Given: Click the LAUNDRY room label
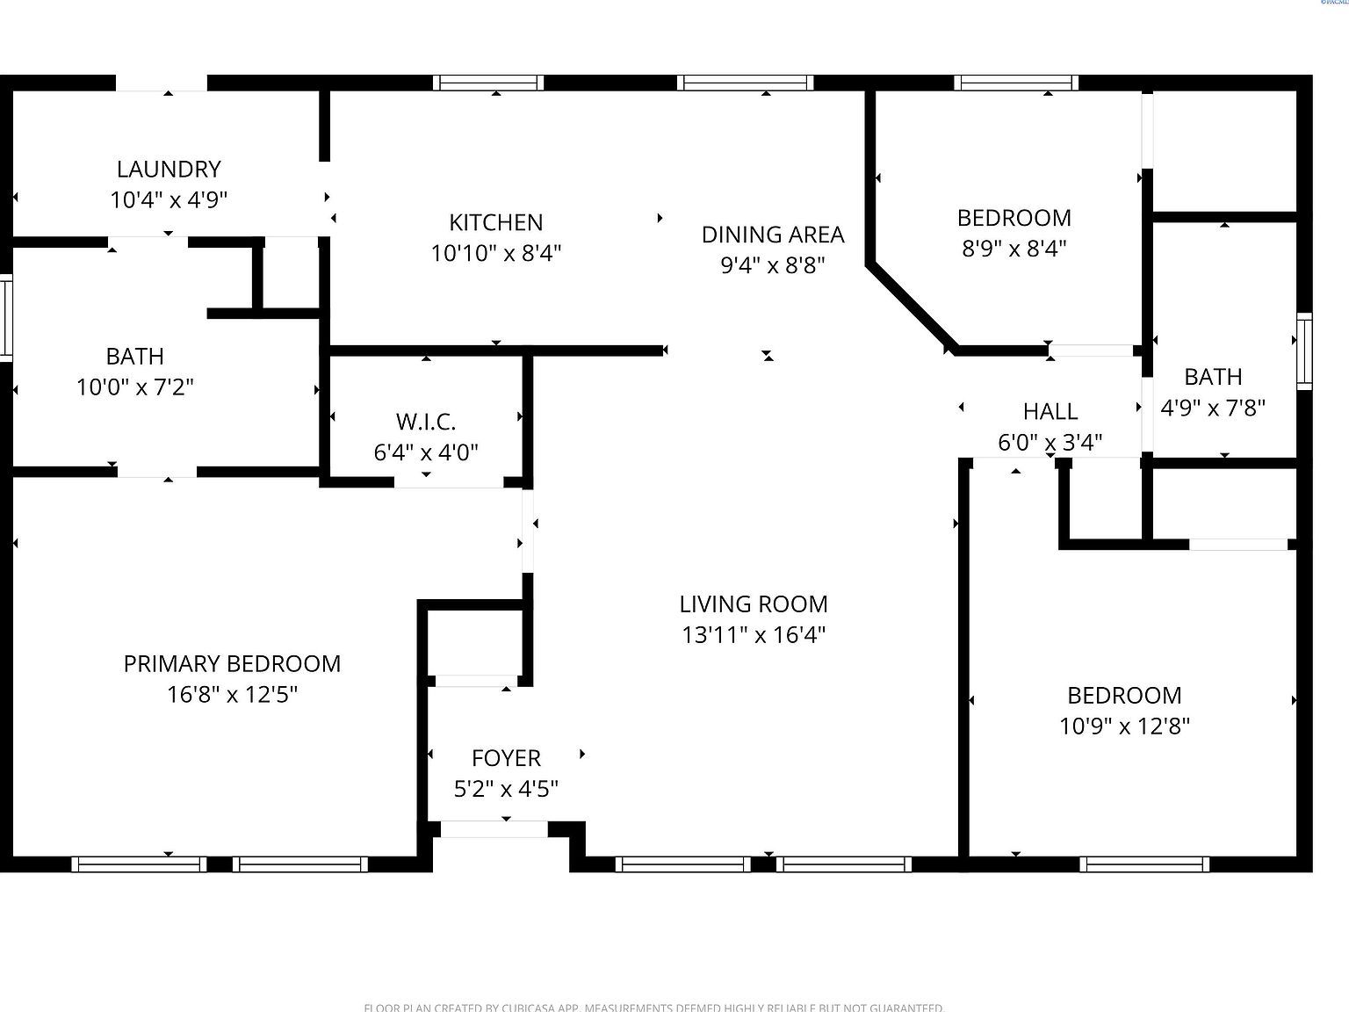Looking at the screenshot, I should point(169,169).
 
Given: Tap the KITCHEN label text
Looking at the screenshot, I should point(496,222).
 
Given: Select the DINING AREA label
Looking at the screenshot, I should point(773,235).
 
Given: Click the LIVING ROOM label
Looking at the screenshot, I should point(754,604).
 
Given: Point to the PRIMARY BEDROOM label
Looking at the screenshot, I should point(232,664).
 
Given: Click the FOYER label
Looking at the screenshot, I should point(506,758).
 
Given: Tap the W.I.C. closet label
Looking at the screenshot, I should point(426,422).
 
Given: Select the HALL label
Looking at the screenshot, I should point(1050,411).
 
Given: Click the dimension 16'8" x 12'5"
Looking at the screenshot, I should point(232,695).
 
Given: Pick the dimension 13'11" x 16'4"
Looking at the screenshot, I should point(754,635).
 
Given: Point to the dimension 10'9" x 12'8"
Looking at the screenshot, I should point(1124,726).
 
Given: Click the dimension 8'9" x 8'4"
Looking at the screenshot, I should point(1014,249).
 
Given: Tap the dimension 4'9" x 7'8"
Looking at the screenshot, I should point(1213,408).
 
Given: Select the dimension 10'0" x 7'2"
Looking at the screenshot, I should point(135,387).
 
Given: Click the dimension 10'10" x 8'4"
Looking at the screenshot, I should point(496,254).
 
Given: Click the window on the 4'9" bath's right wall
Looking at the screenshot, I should point(1304,351).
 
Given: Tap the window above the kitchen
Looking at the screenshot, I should point(488,83).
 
